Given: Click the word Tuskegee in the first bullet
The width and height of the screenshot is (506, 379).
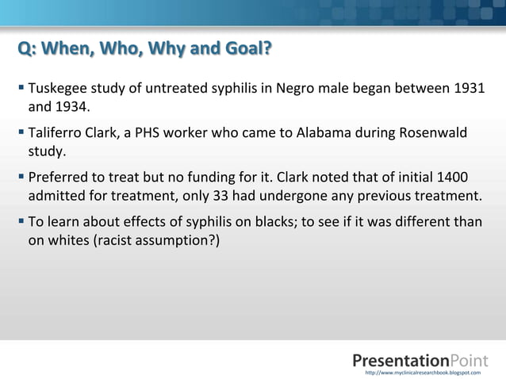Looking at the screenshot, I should tap(56, 86).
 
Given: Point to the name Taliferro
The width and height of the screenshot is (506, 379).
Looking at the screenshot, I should tap(56, 131).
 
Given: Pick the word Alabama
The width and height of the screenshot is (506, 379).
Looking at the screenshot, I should tap(324, 131).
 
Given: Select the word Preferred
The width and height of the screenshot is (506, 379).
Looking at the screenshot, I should tap(58, 177).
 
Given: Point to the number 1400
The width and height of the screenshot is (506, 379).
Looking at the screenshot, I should tap(465, 177).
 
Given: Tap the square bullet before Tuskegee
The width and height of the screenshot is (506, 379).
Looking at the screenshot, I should tap(21, 86).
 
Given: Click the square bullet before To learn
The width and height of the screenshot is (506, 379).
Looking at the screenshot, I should tap(21, 222).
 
